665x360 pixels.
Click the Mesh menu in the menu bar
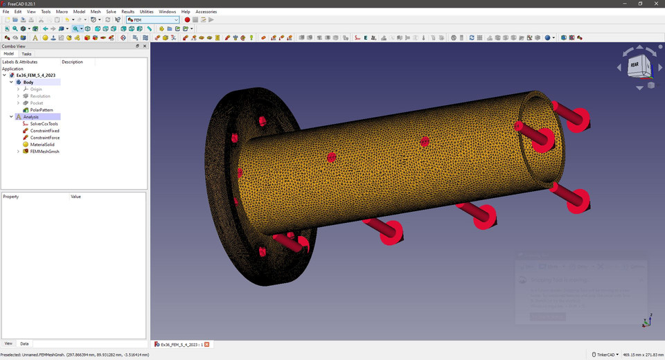point(96,12)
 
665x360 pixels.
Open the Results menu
point(127,12)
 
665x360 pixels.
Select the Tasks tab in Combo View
point(26,53)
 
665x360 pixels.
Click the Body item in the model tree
point(28,82)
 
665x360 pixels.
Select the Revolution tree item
point(40,96)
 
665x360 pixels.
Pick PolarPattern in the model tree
point(42,110)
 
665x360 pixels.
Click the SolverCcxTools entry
point(44,124)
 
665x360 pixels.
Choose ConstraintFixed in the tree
point(44,131)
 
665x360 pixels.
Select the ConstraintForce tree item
point(44,138)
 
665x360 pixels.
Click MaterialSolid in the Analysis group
point(42,145)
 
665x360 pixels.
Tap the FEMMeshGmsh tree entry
point(44,152)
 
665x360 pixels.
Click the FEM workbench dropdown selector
point(152,20)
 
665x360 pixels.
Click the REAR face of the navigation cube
point(635,65)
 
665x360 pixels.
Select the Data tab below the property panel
point(24,343)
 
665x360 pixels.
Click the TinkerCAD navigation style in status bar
point(605,354)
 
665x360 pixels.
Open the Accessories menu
point(206,12)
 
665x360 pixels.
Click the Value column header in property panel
point(76,197)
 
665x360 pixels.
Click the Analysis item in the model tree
point(31,117)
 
